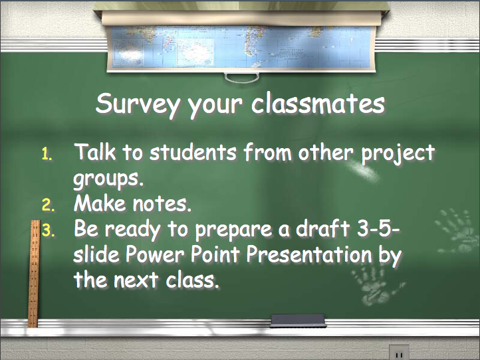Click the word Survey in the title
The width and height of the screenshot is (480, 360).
click(137, 104)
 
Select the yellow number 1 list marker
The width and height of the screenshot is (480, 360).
click(47, 154)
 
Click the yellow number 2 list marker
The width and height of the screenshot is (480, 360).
click(48, 205)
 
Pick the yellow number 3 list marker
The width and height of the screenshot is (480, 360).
click(48, 230)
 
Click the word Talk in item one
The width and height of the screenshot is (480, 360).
click(95, 151)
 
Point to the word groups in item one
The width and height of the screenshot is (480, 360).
click(108, 179)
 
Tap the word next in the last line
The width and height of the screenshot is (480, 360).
click(136, 280)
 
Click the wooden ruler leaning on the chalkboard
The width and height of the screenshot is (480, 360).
click(33, 274)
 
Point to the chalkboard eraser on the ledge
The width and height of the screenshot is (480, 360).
click(298, 321)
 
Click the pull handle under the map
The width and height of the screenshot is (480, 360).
click(242, 78)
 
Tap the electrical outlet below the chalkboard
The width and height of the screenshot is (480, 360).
click(399, 352)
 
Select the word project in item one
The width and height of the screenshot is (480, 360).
click(398, 153)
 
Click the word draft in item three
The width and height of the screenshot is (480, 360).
click(322, 228)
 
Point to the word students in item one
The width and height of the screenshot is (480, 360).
click(193, 151)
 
